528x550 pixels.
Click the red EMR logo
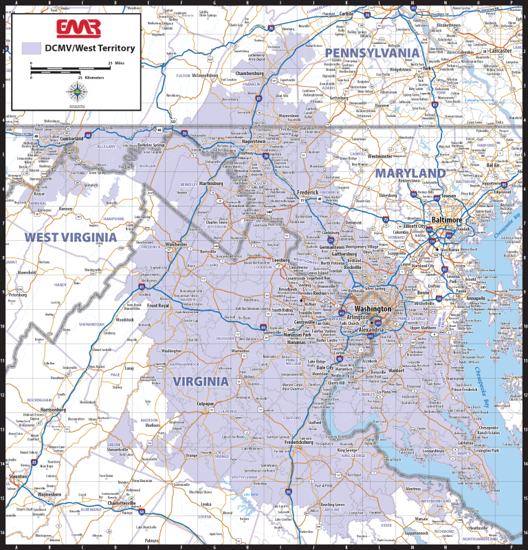click(78, 28)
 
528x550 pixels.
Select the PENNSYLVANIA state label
click(371, 53)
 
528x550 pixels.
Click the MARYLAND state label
click(410, 172)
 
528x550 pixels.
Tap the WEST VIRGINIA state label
click(71, 237)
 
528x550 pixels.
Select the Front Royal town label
click(158, 306)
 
